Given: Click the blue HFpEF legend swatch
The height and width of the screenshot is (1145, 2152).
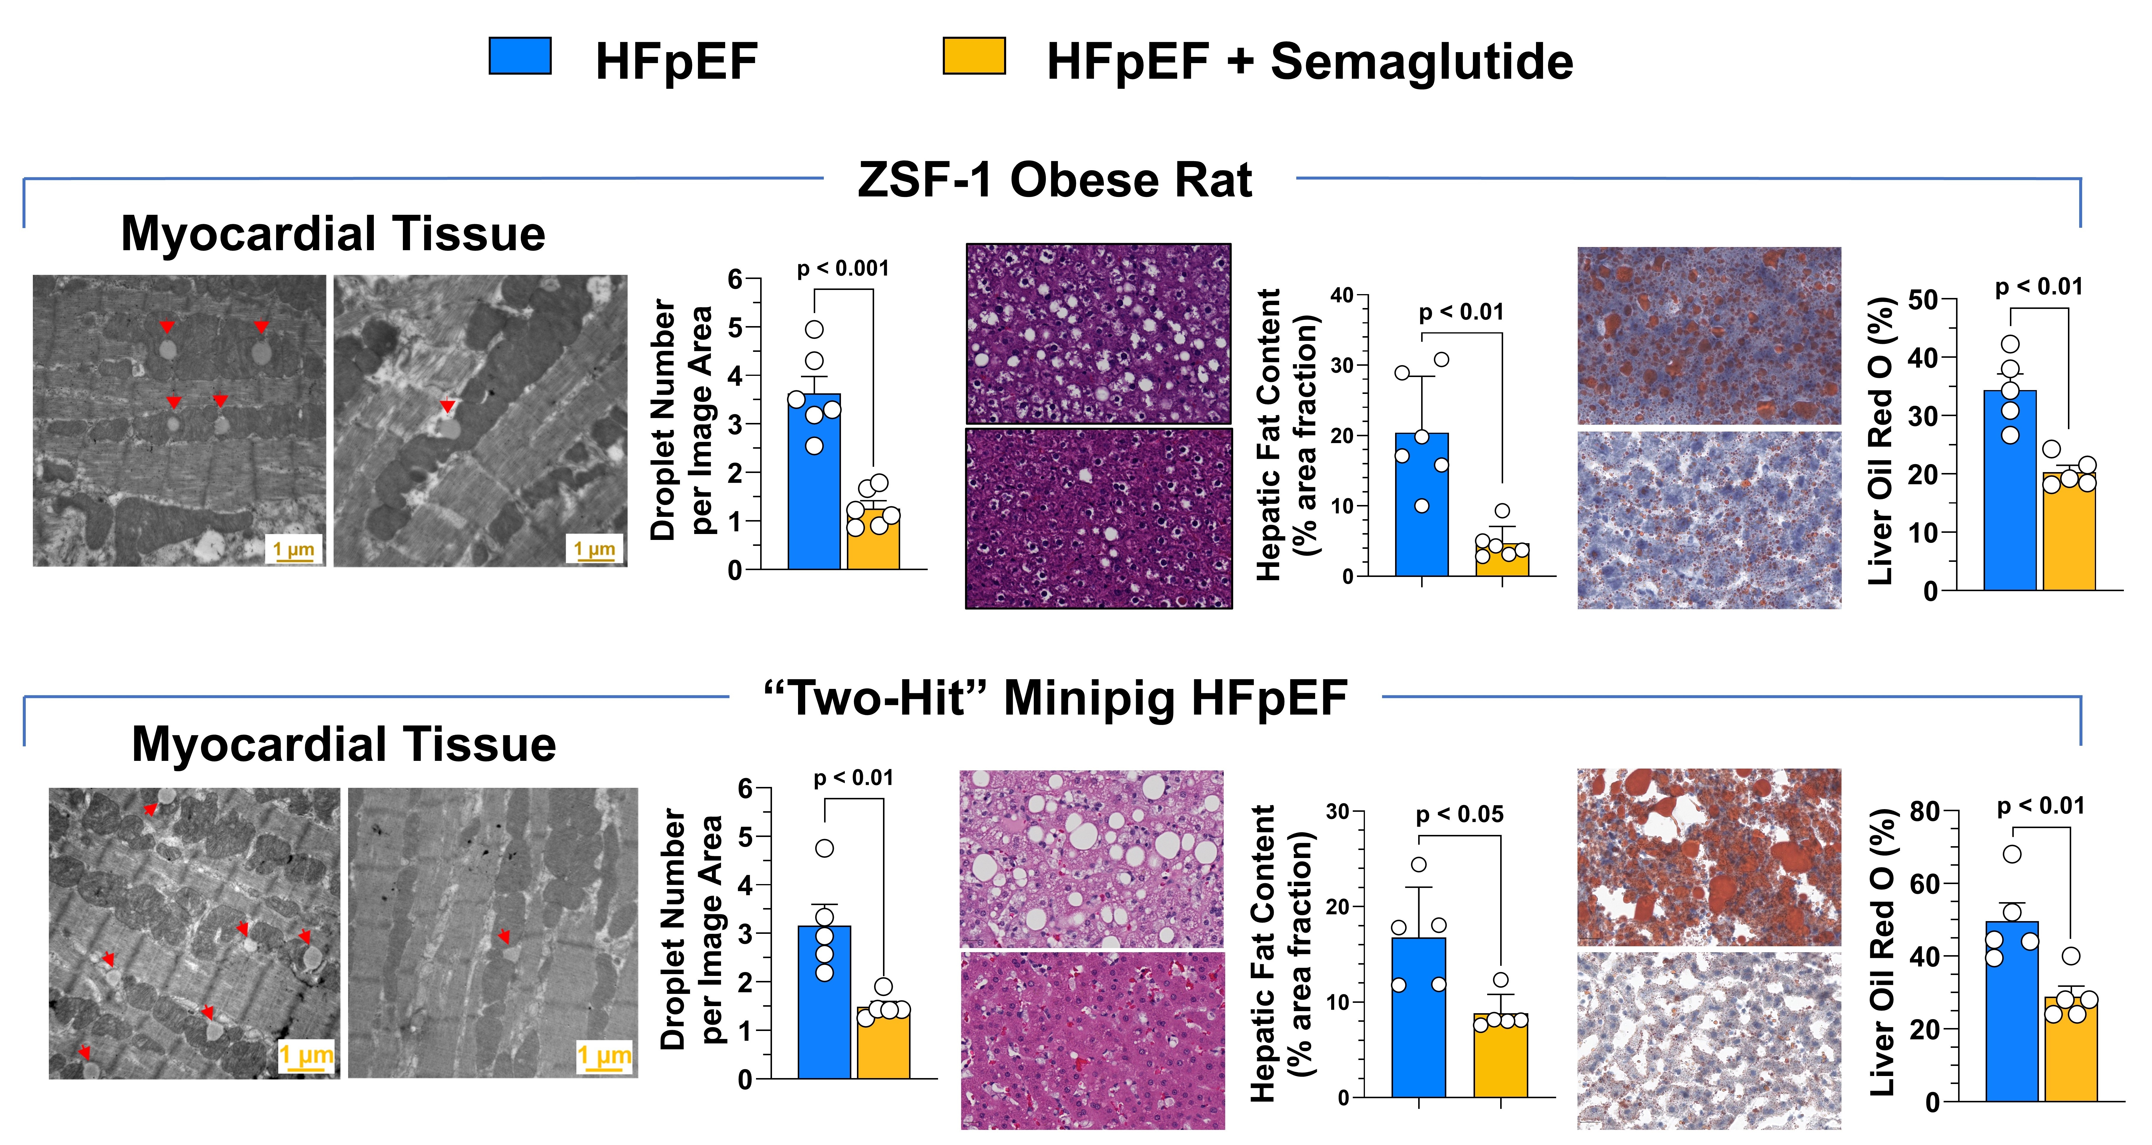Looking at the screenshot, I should (519, 56).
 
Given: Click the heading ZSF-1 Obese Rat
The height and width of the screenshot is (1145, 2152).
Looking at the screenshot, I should (1054, 180).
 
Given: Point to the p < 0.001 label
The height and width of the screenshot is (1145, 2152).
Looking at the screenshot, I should (843, 268).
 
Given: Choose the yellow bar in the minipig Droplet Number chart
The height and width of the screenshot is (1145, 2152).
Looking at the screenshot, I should (883, 1043).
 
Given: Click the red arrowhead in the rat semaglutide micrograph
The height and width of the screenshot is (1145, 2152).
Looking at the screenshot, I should (449, 406).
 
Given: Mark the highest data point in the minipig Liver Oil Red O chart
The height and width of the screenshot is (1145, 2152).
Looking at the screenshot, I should (2013, 854).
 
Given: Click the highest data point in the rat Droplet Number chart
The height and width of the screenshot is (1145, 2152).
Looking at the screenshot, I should (815, 329).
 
